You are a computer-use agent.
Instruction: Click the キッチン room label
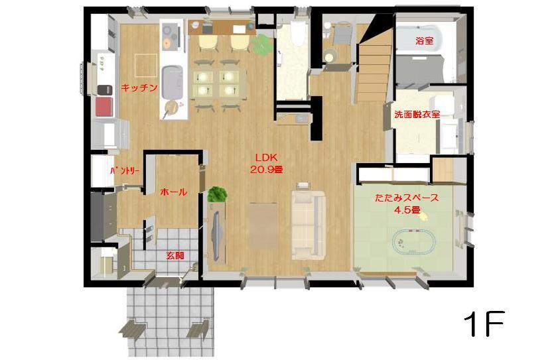pyautogui.click(x=139, y=88)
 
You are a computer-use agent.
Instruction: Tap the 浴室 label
pyautogui.click(x=424, y=40)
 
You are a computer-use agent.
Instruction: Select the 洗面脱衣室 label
pyautogui.click(x=417, y=114)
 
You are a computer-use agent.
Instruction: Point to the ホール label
pyautogui.click(x=174, y=192)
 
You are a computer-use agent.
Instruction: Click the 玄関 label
pyautogui.click(x=175, y=255)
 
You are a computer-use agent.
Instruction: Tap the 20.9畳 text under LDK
pyautogui.click(x=267, y=170)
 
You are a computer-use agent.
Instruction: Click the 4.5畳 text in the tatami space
pyautogui.click(x=407, y=210)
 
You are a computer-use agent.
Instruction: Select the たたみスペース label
pyautogui.click(x=407, y=198)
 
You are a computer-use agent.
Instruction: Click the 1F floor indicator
pyautogui.click(x=484, y=324)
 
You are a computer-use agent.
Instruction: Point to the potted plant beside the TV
pyautogui.click(x=218, y=195)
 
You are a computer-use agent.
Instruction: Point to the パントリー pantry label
pyautogui.click(x=125, y=172)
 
